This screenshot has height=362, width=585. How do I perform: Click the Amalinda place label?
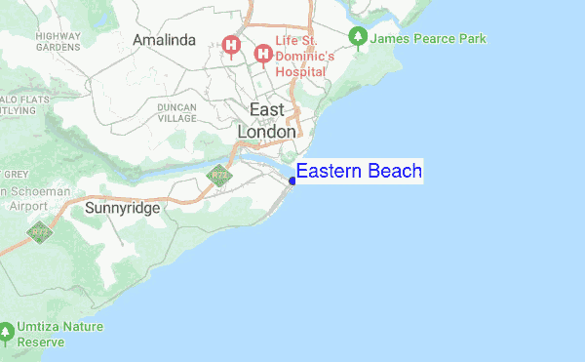pos(165,40)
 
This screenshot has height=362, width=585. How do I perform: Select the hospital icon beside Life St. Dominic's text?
pos(262,54)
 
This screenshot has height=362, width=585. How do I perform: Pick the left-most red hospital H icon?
pos(232,44)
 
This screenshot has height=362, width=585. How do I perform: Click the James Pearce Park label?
pos(429,38)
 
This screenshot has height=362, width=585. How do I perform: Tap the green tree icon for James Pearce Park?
pos(358,38)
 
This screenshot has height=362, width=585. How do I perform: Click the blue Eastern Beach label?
pos(359,172)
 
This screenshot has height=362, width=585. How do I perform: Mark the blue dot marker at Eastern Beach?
pos(292,180)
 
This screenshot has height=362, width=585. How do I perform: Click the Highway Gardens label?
pos(58,41)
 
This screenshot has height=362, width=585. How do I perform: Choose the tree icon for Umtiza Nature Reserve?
pos(7,333)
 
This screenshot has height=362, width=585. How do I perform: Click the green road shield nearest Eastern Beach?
pos(218,177)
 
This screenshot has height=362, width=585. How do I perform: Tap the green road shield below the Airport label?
pos(40,232)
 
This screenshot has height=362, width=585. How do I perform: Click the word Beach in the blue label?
pos(394,172)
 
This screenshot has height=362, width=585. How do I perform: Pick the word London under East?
pos(268,132)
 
